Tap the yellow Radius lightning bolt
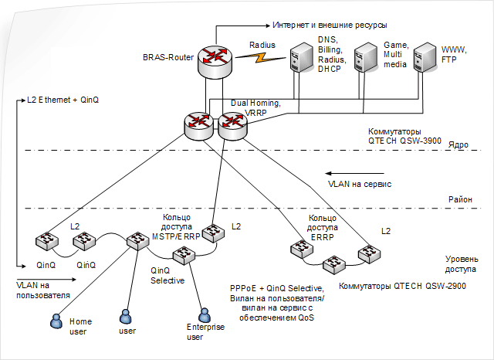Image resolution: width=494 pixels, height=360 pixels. tap(262, 57)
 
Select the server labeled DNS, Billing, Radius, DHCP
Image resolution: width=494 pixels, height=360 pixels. tap(302, 57)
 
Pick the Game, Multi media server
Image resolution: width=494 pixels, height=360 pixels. tap(366, 57)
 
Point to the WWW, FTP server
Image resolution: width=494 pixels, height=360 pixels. tap(425, 57)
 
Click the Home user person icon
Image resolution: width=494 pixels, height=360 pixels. tap(56, 321)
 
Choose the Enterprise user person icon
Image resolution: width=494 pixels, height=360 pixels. tap(205, 315)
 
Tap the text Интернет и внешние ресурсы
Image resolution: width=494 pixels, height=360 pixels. tap(330, 25)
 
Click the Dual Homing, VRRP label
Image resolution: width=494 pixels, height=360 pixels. tap(255, 108)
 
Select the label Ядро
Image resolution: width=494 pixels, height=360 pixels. tap(458, 145)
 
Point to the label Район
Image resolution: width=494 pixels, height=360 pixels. tap(460, 199)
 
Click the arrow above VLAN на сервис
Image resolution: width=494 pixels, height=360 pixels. tap(355, 173)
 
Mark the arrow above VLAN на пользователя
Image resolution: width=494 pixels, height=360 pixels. tap(46, 280)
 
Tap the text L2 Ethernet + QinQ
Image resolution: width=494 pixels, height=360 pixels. tap(63, 100)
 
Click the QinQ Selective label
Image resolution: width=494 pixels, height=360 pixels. tap(167, 276)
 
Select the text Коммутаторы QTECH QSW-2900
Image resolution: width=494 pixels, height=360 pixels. tap(402, 286)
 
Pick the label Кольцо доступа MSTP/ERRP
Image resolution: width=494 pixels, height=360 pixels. tap(176, 227)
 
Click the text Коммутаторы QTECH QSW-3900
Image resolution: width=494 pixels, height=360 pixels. tap(404, 136)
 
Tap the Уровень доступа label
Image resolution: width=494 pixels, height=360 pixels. tap(462, 264)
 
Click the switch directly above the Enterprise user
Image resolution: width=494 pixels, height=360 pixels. tap(184, 255)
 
